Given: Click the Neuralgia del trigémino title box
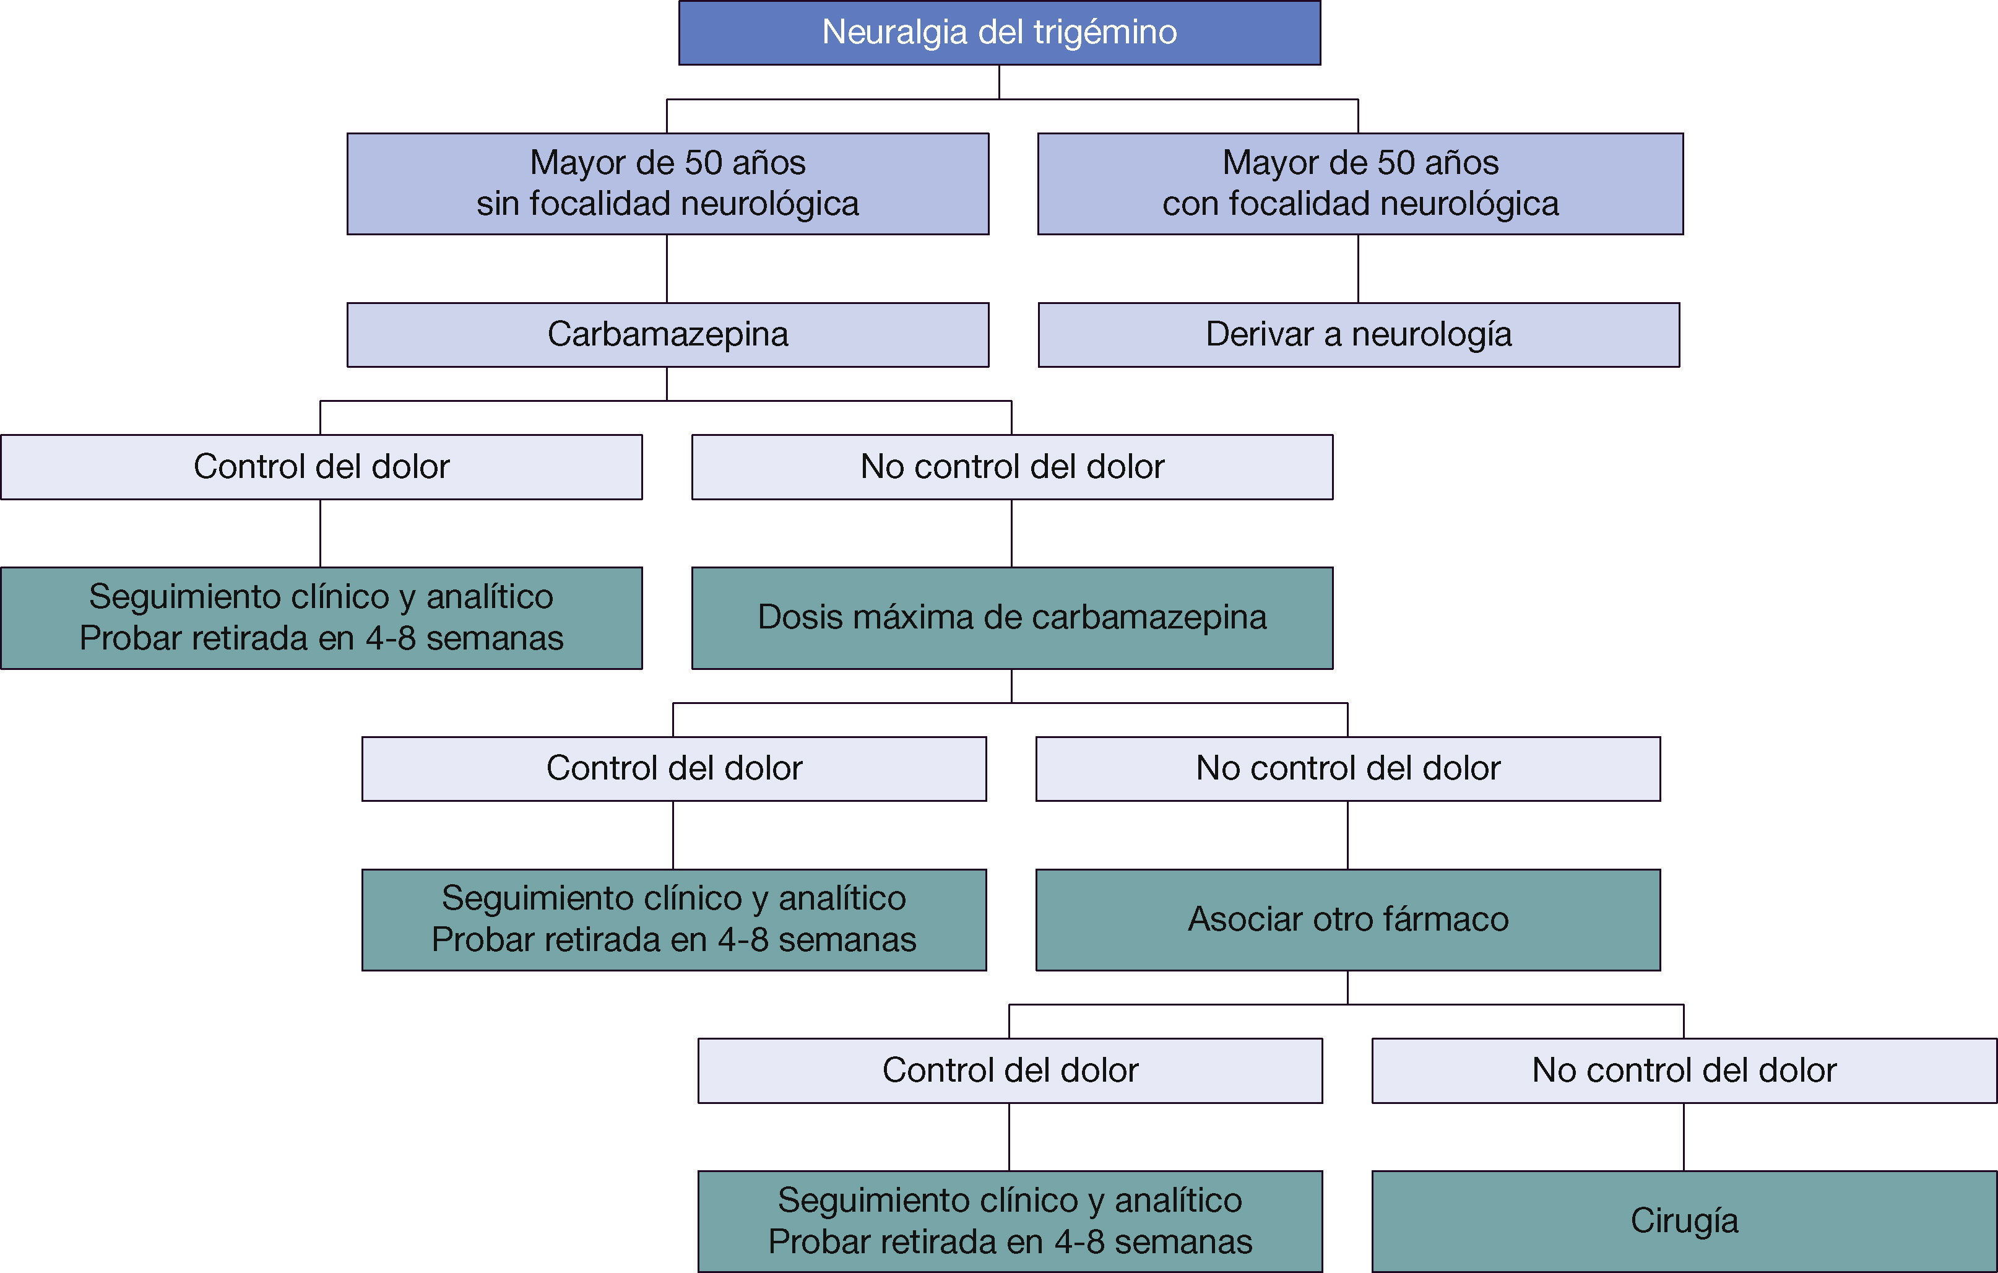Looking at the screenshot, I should [999, 32].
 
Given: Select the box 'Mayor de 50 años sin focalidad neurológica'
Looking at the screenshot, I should [667, 183].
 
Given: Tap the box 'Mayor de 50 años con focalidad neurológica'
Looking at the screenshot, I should [1360, 183].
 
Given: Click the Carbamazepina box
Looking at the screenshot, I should [667, 334].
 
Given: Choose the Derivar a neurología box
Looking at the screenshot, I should [1358, 334].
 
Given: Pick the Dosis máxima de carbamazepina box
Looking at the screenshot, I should [1011, 617].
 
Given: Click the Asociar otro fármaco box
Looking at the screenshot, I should [1347, 919].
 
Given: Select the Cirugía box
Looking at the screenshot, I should [1684, 1221].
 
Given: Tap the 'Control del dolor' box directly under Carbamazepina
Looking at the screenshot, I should [321, 466].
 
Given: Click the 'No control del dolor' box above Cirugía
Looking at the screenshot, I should [1684, 1071].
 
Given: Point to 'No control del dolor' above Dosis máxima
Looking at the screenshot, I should [1011, 466].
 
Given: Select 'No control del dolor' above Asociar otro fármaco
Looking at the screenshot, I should [1347, 768].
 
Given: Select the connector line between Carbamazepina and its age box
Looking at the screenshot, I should [667, 268].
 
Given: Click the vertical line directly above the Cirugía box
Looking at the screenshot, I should [1684, 1136].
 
